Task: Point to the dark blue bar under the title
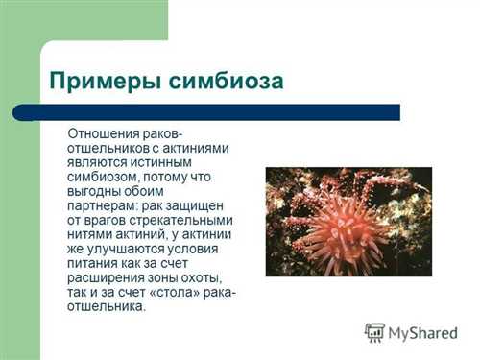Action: point(206,112)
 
